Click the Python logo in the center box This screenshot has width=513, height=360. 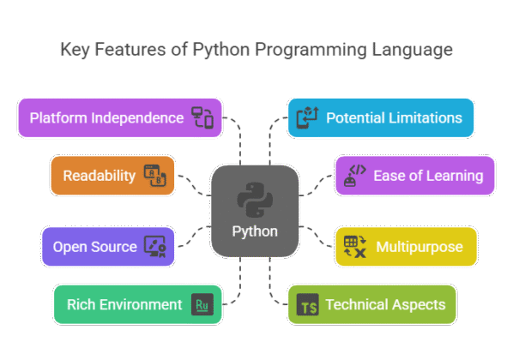click(255, 200)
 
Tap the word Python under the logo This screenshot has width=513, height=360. click(255, 231)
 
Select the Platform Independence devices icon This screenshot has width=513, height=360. click(202, 117)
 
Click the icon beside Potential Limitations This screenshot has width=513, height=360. click(307, 117)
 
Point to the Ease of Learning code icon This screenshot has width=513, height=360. click(353, 176)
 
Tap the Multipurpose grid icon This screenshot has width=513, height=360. click(354, 247)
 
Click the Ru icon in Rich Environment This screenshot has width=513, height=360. click(202, 304)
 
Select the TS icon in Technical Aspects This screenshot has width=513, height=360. click(307, 304)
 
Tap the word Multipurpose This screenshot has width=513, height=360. click(419, 247)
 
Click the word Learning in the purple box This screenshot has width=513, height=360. click(451, 176)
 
